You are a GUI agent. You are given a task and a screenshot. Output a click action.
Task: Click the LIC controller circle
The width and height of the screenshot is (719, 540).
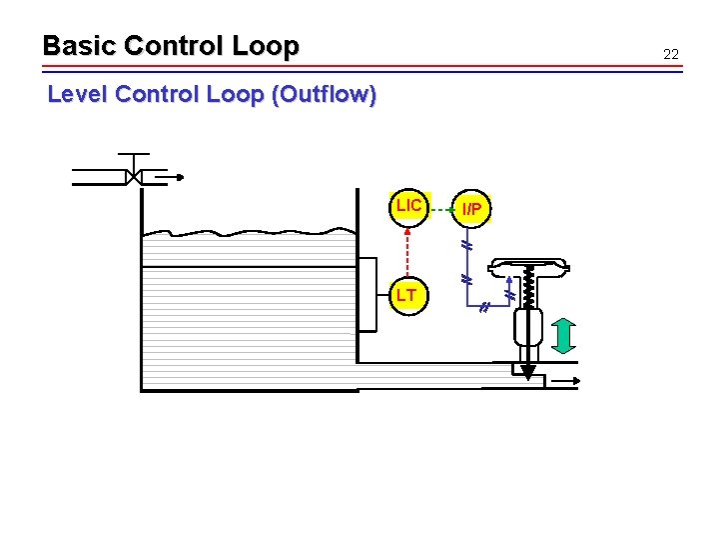[x=408, y=207]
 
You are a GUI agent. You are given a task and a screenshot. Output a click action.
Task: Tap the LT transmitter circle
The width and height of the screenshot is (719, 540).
[x=406, y=295]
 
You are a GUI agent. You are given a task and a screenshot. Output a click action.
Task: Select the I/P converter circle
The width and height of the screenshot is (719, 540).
[x=470, y=209]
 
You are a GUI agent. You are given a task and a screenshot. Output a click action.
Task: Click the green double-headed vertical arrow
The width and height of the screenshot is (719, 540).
[x=564, y=335]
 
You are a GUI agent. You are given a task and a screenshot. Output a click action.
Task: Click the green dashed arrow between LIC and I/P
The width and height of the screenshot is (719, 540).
[x=439, y=208]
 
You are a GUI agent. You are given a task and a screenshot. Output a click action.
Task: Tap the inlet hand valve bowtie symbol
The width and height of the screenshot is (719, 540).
[x=133, y=177]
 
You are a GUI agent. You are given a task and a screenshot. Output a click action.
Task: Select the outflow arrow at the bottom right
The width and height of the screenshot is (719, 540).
[x=564, y=381]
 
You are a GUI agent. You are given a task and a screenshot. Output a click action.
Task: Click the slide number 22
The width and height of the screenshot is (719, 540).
[x=670, y=54]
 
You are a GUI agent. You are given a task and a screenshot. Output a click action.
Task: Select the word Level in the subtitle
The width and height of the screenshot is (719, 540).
[x=78, y=95]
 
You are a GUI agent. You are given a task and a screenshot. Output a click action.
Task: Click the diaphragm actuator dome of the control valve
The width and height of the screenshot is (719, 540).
[x=527, y=264]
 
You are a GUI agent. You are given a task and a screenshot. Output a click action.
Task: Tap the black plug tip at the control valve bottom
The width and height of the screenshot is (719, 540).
[x=527, y=378]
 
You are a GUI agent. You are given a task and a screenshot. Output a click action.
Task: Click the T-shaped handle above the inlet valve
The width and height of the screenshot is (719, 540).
[x=133, y=157]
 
